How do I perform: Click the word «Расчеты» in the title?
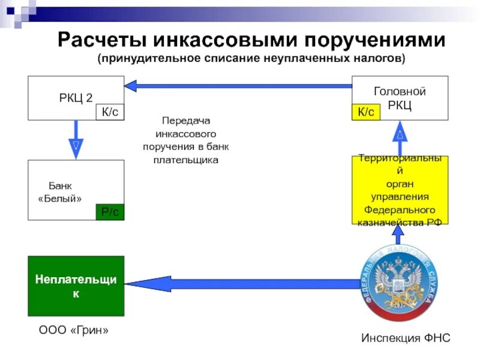pyautogui.click(x=102, y=41)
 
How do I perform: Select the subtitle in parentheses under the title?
pyautogui.click(x=252, y=59)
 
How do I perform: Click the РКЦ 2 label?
pyautogui.click(x=76, y=98)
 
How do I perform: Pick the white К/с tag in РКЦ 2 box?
pyautogui.click(x=110, y=112)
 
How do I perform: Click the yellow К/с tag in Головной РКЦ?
pyautogui.click(x=365, y=112)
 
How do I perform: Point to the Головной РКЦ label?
pyautogui.click(x=400, y=98)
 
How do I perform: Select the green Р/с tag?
pyautogui.click(x=110, y=212)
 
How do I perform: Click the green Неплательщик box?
pyautogui.click(x=76, y=286)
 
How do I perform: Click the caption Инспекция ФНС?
pyautogui.click(x=405, y=338)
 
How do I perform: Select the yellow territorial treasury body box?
pyautogui.click(x=400, y=190)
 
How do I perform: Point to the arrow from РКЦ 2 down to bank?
pyautogui.click(x=76, y=139)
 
